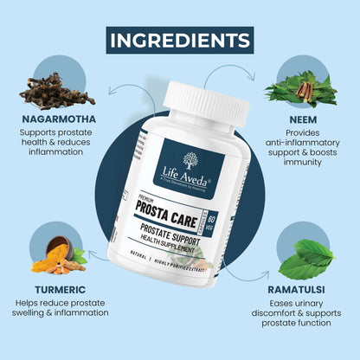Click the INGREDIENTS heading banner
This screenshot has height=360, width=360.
[x=180, y=40]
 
